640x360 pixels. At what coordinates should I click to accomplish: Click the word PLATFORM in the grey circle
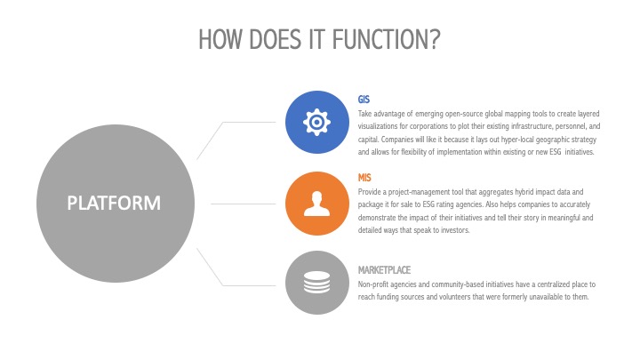114,203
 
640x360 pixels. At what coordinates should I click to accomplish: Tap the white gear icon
316,122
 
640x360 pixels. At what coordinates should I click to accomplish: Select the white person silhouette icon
316,204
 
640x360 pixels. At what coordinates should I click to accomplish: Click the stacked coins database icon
316,282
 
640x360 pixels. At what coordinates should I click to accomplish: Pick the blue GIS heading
364,100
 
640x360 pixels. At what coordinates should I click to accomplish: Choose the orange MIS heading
364,178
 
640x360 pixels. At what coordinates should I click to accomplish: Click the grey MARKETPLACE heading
384,270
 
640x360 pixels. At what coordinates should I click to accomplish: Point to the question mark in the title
435,39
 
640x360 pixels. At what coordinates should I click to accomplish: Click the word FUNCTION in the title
380,39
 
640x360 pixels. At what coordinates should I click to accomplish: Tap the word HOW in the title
220,39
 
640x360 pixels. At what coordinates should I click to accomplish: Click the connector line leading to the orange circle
244,204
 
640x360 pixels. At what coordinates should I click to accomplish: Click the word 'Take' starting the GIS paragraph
365,114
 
